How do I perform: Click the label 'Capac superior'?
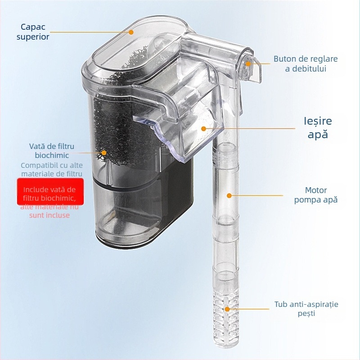pos(33,31)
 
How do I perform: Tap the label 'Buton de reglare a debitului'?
pos(306,63)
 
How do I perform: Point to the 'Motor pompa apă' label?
pos(316,195)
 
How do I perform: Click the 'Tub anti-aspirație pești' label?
pos(306,309)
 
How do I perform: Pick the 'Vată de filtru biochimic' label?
pos(51,151)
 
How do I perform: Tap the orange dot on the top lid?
pos(131,32)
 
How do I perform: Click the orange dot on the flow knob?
pos(248,63)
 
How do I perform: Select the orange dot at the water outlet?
pos(203,128)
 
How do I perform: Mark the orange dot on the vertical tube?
pos(229,196)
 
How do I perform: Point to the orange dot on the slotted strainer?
pos(227,309)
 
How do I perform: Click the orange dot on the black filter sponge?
pos(104,153)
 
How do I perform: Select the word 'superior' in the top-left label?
pos(33,37)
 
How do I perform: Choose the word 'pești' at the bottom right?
pos(306,314)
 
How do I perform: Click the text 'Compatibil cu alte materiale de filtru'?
pos(51,169)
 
